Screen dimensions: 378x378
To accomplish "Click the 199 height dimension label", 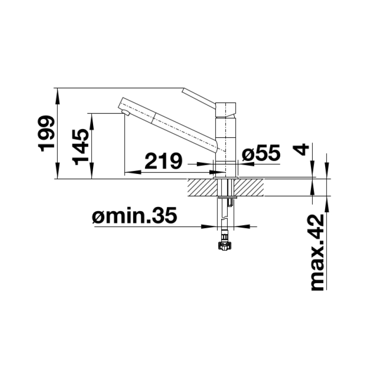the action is point(46,134).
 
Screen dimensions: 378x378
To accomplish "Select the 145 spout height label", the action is point(80,146).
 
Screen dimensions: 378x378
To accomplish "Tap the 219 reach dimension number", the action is point(163,161).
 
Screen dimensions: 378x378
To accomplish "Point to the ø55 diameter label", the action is point(261,153).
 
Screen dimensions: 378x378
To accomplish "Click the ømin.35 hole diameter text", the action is point(135,215).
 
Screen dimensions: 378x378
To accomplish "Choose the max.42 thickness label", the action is point(317,252).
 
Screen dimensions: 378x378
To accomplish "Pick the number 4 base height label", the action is point(301,150).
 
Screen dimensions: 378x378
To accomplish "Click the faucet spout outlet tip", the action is point(125,113).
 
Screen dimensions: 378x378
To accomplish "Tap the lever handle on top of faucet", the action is point(199,98).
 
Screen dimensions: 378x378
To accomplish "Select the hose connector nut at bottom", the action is point(223,246).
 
